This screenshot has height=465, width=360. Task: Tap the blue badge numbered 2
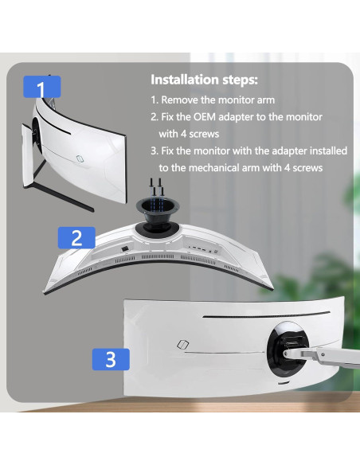click(x=77, y=236)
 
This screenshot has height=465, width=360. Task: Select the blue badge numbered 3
click(x=111, y=358)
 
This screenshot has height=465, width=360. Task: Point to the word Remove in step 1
click(x=182, y=101)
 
